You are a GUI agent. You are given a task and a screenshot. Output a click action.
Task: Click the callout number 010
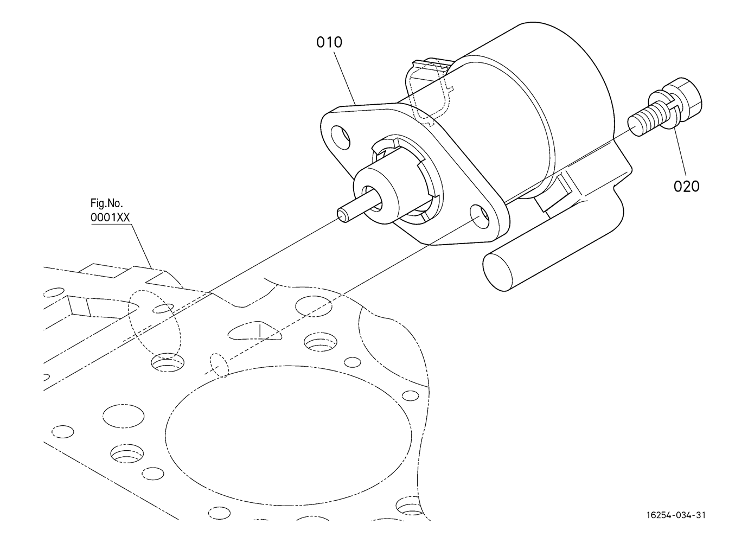[x=329, y=42]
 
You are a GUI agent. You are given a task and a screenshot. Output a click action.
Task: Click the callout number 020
[x=686, y=186]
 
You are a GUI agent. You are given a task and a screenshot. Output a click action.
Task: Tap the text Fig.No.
[x=106, y=204]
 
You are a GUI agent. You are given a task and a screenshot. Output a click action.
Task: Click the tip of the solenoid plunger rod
[x=342, y=215]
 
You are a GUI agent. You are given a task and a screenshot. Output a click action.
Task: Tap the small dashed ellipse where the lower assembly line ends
[x=217, y=366]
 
